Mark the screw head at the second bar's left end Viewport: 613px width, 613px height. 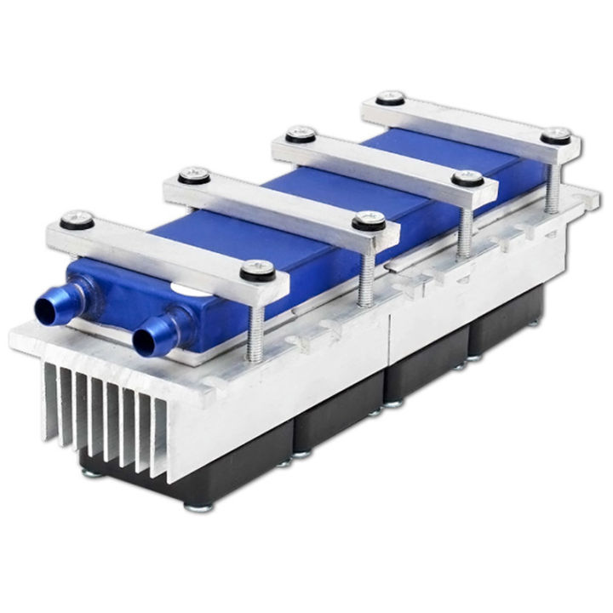point(194,175)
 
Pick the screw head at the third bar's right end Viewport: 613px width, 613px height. point(467,179)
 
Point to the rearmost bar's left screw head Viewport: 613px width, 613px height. point(389,97)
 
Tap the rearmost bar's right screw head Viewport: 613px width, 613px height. point(556,135)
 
